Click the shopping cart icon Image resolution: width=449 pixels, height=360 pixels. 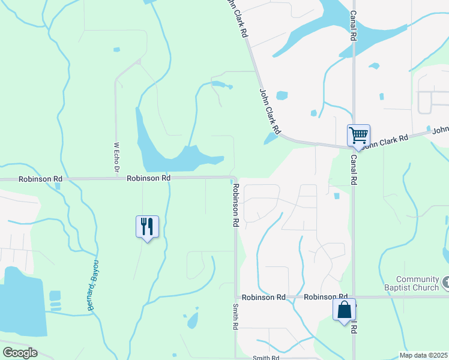(x=358, y=136)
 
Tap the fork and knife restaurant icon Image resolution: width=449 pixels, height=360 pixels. (x=147, y=227)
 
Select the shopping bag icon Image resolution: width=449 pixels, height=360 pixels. (x=344, y=310)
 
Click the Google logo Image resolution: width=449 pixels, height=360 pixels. (x=20, y=352)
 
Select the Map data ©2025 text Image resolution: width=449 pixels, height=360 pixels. (x=423, y=355)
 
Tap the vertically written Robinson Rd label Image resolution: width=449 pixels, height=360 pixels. (x=236, y=205)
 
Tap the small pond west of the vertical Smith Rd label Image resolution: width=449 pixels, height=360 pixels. (x=193, y=320)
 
